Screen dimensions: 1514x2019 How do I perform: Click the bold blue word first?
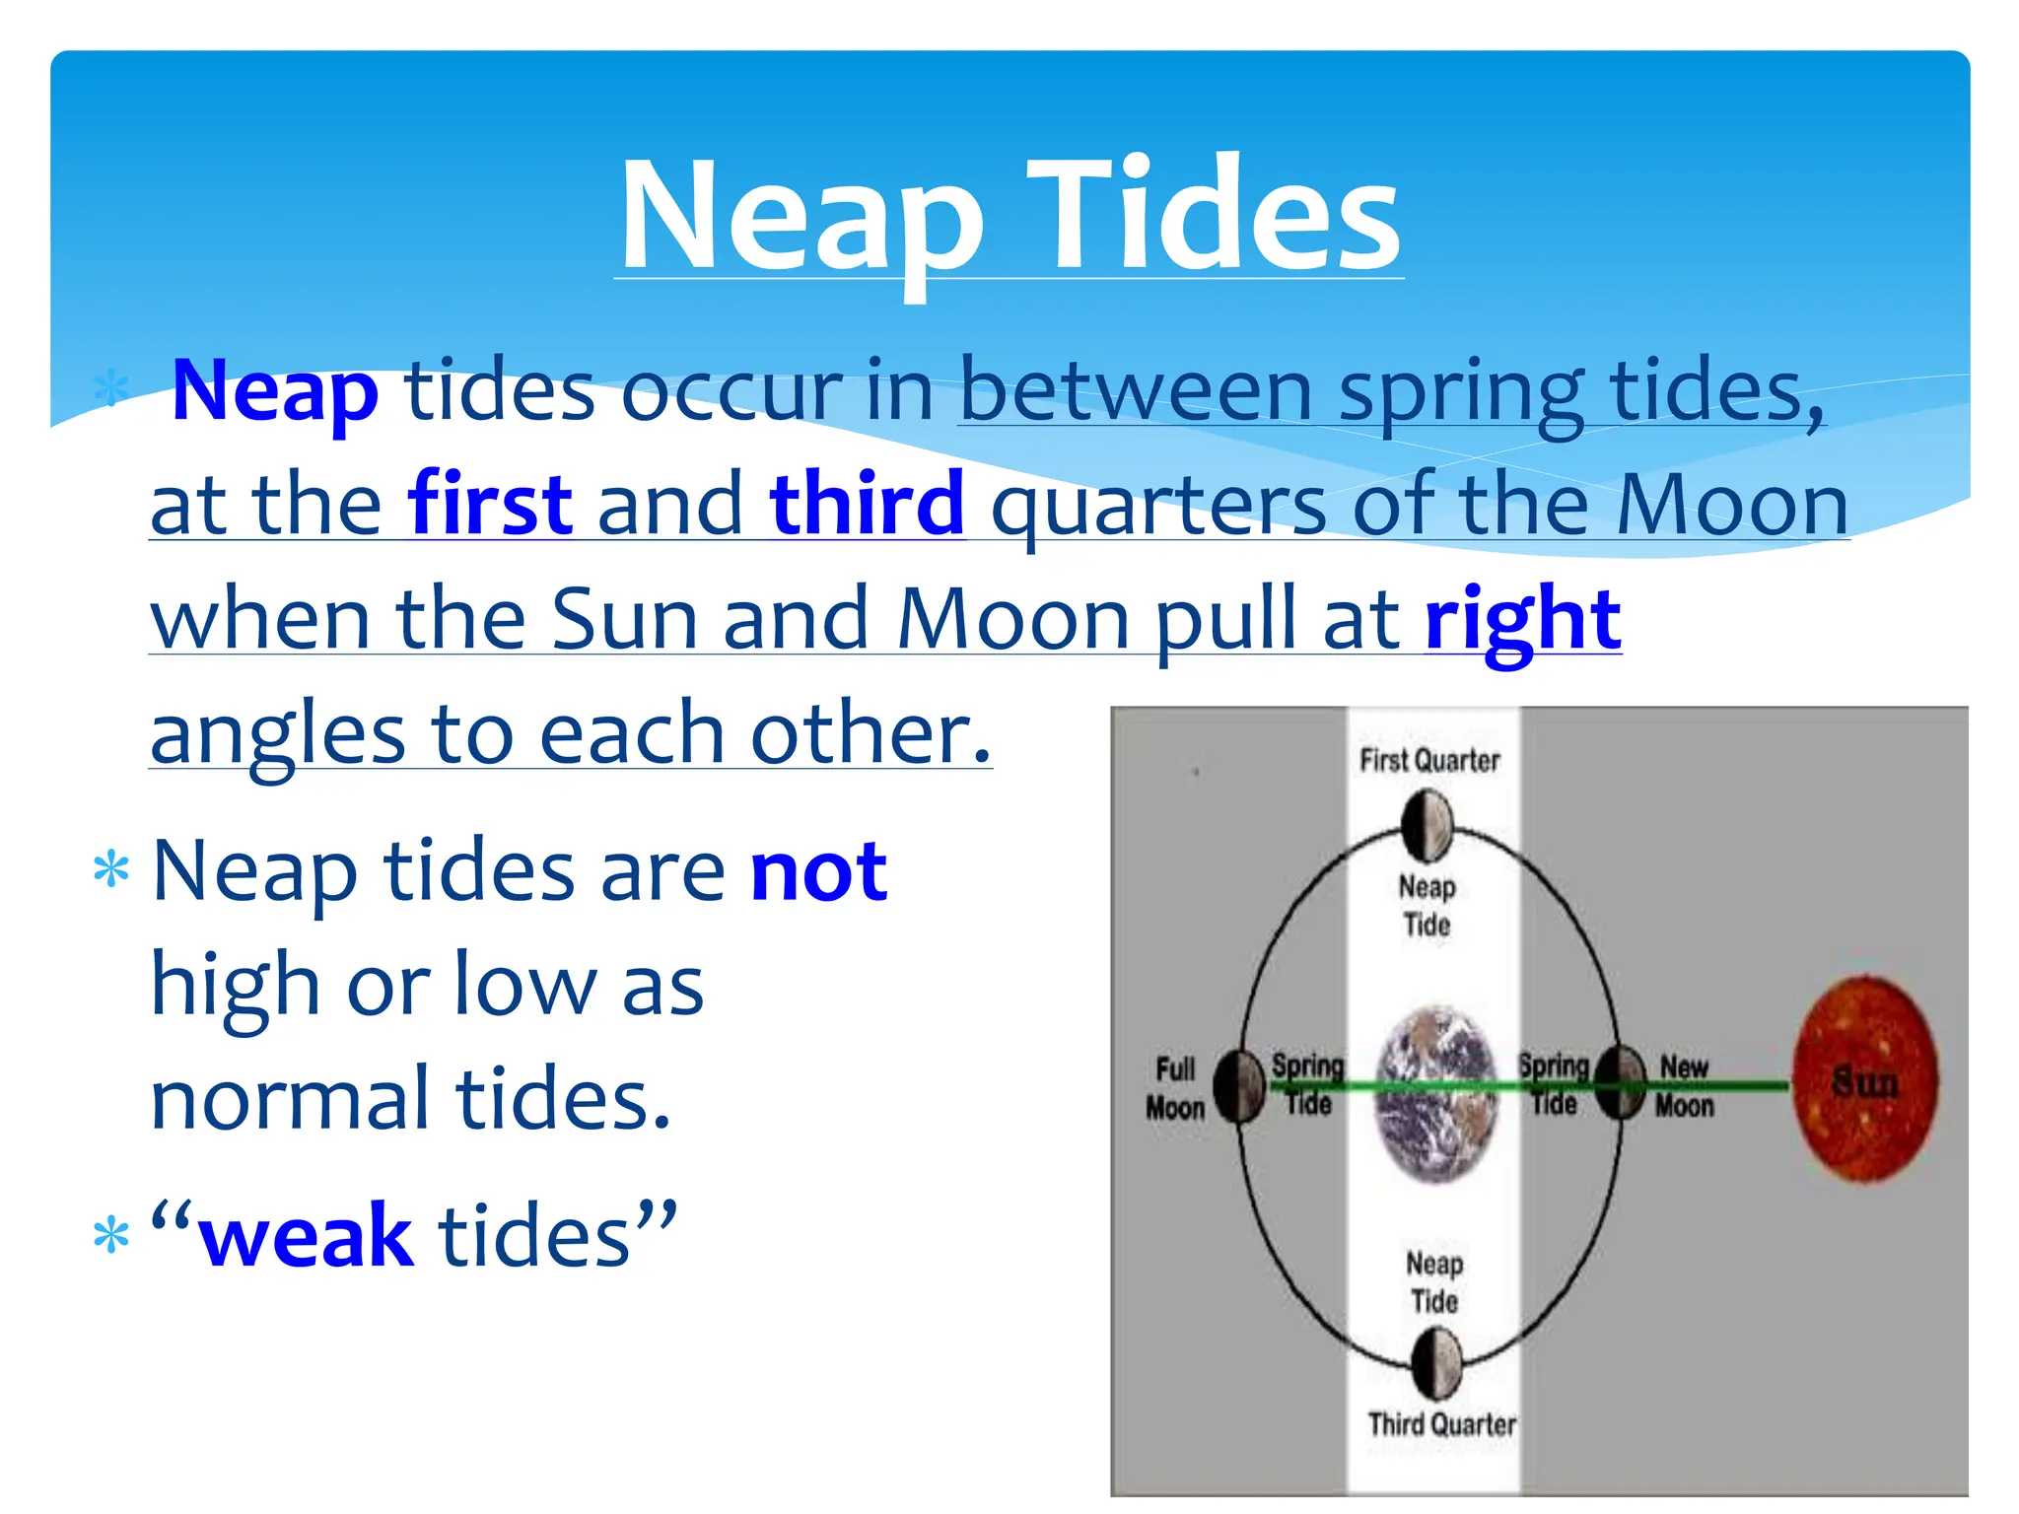(490, 504)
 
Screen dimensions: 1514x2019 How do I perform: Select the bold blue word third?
(867, 504)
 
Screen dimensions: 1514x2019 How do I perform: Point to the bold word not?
(818, 871)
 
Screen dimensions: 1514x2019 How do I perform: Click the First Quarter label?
(1429, 760)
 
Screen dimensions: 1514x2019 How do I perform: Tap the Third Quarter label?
(1441, 1424)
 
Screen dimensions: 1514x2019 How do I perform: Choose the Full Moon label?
(1175, 1088)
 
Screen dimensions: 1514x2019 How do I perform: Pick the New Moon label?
(1684, 1086)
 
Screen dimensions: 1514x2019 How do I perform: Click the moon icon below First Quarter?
(1427, 826)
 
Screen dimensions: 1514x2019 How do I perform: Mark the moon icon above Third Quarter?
(1436, 1363)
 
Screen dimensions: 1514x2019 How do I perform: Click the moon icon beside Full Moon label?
(1238, 1086)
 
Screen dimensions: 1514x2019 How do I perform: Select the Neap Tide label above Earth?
(1427, 906)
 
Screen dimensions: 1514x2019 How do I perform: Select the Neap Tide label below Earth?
(1434, 1282)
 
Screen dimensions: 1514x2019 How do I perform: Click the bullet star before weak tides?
(110, 1236)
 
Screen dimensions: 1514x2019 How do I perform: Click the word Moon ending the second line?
(1731, 504)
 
